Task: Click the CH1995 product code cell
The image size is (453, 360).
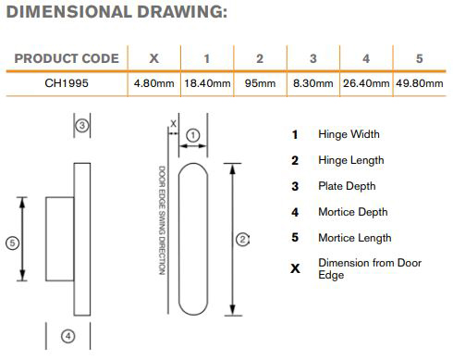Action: (67, 83)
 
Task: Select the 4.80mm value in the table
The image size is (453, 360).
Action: (153, 83)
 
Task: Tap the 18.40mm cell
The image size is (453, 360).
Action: (207, 83)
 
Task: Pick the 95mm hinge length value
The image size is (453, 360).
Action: (260, 83)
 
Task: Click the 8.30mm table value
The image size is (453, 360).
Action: (313, 83)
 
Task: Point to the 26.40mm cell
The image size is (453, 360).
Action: (366, 83)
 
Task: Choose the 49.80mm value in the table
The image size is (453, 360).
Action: (420, 83)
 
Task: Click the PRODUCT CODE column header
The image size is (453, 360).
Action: (67, 58)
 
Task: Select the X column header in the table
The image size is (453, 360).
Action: (153, 58)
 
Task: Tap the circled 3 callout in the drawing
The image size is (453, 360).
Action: (82, 126)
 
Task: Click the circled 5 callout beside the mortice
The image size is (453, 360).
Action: (12, 243)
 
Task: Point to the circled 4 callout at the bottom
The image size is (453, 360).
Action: (68, 336)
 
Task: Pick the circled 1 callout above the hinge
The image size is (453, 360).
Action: (193, 135)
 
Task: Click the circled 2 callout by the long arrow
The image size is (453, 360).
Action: (242, 240)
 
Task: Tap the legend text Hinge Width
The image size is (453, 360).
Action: (349, 134)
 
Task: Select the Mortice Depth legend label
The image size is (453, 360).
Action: (353, 212)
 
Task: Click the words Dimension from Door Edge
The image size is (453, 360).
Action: (370, 268)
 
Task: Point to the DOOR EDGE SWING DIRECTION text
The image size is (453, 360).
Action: (162, 220)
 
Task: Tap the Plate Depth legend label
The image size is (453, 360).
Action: (347, 186)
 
